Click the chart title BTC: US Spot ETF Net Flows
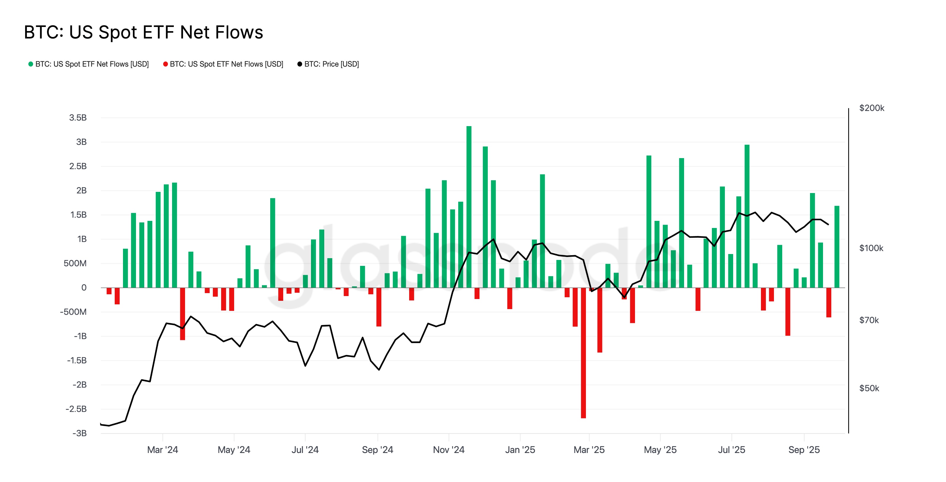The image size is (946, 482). [143, 32]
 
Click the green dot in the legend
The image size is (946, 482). [31, 64]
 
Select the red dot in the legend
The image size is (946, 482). [165, 64]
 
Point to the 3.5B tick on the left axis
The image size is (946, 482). [78, 118]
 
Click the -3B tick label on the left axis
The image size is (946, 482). [79, 433]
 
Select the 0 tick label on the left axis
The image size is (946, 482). [84, 287]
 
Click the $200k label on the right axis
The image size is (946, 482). [872, 108]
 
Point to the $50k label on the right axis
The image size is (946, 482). [869, 388]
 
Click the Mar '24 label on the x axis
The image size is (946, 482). [162, 450]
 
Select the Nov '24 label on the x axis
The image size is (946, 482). [448, 450]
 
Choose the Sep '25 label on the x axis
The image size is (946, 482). [804, 450]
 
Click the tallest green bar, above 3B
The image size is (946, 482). [469, 206]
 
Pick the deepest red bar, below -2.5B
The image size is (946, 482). [583, 353]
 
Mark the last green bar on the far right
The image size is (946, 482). [837, 246]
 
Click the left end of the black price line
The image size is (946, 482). [101, 424]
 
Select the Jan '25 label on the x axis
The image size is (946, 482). [520, 450]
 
